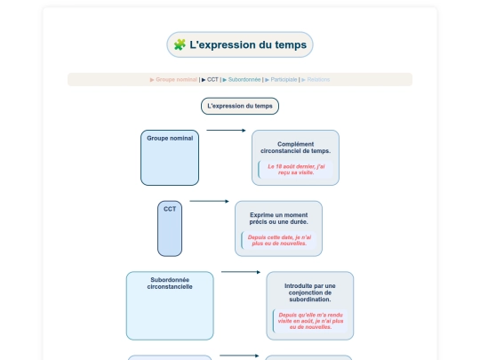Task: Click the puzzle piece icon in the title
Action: pyautogui.click(x=180, y=44)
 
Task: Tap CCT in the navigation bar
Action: pyautogui.click(x=212, y=79)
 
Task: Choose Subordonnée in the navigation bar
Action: pyautogui.click(x=244, y=79)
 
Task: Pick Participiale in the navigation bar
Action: pyautogui.click(x=284, y=79)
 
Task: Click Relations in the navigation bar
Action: pyautogui.click(x=319, y=79)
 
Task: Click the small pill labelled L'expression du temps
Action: pyautogui.click(x=240, y=106)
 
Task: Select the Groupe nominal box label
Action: pyautogui.click(x=170, y=139)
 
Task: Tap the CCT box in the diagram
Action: pyautogui.click(x=170, y=228)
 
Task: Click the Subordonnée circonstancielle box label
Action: pyautogui.click(x=170, y=284)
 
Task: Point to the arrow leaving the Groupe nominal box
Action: pyautogui.click(x=225, y=131)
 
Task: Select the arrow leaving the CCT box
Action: pyautogui.click(x=209, y=201)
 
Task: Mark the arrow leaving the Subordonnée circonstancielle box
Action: pyautogui.click(x=240, y=272)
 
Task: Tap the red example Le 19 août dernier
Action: pyautogui.click(x=297, y=169)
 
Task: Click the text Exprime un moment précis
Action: pyautogui.click(x=278, y=218)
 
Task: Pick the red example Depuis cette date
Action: pyautogui.click(x=279, y=240)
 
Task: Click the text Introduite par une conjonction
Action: pyautogui.click(x=309, y=292)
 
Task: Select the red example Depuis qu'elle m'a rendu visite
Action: pyautogui.click(x=311, y=321)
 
